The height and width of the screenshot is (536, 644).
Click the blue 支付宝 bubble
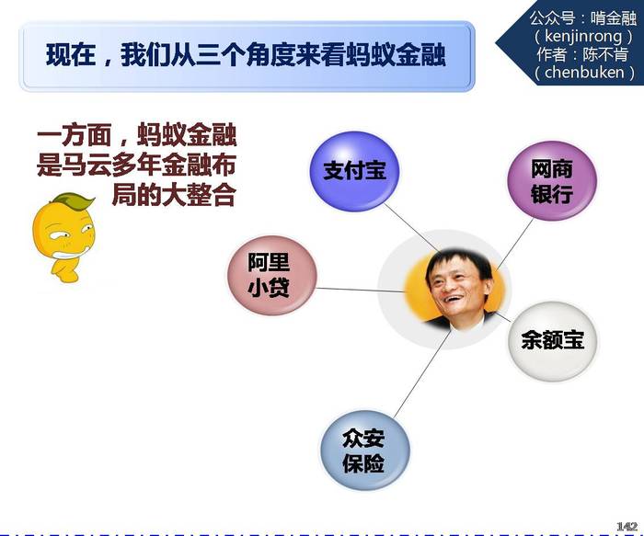[x=354, y=171]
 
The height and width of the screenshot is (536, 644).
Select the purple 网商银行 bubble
[x=552, y=180]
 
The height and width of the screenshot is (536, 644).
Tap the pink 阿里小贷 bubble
[x=272, y=275]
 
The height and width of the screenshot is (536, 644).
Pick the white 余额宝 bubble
[x=553, y=341]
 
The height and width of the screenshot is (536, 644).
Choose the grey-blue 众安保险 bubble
[x=364, y=450]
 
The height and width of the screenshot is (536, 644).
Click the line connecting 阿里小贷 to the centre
[x=361, y=290]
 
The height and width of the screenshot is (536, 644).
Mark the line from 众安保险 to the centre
[x=422, y=373]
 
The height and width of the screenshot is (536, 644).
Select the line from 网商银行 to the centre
[x=514, y=245]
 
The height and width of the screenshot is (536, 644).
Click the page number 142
[x=627, y=527]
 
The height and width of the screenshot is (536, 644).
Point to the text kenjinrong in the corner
[x=583, y=36]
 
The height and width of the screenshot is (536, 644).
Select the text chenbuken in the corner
[x=584, y=73]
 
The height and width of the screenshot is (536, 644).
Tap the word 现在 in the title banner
[x=71, y=55]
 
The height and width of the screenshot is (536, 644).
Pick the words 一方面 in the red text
[x=75, y=134]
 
